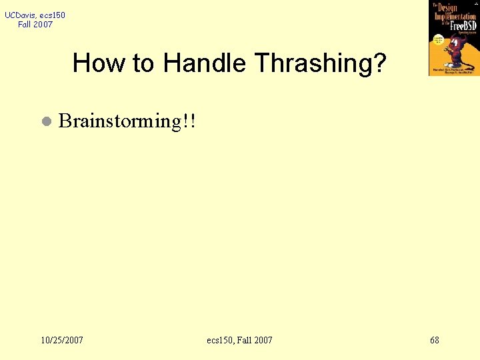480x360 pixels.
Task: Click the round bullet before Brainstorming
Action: coord(45,122)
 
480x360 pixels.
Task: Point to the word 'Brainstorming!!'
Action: coord(127,121)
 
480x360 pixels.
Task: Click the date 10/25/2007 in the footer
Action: coord(62,340)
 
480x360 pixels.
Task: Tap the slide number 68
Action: coord(435,340)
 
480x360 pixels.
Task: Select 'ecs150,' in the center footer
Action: coord(223,340)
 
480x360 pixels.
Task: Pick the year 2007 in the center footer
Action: coord(263,340)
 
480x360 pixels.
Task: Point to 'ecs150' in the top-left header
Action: coord(53,15)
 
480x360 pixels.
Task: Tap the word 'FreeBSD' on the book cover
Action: coord(464,25)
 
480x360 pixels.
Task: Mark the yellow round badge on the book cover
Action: coord(439,39)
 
